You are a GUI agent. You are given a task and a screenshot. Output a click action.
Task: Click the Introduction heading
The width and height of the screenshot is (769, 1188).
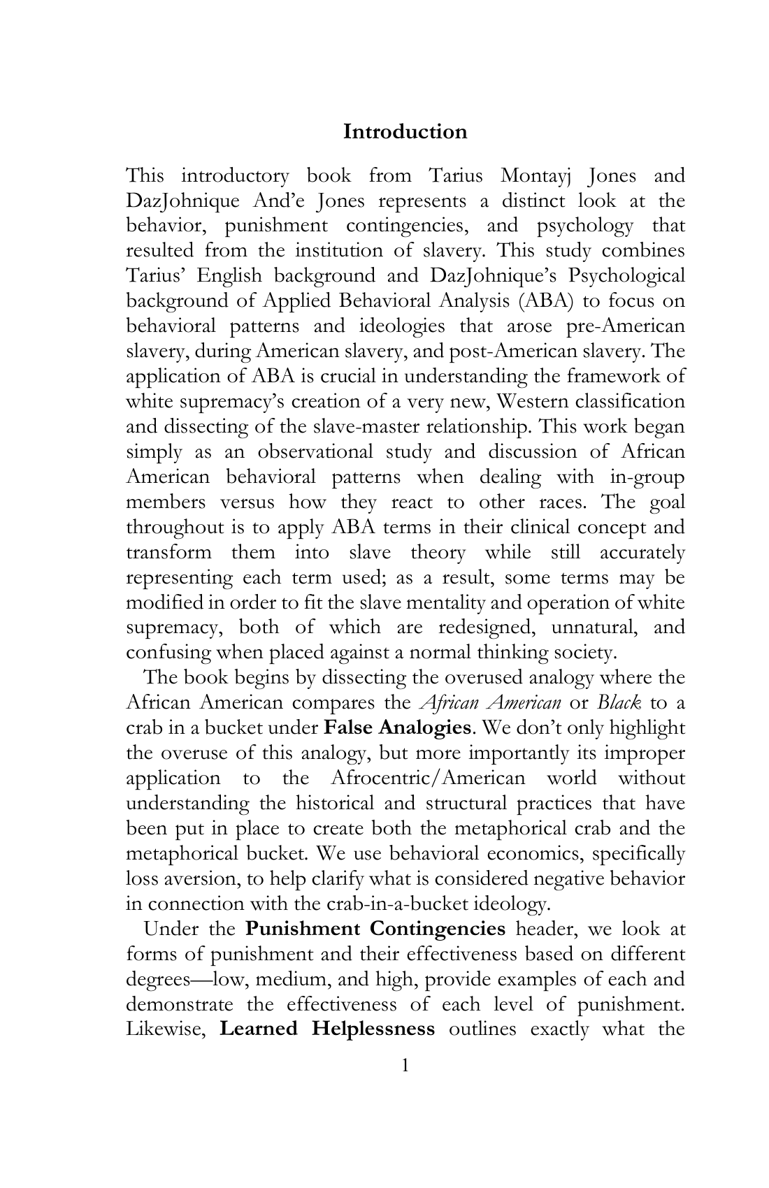(x=405, y=131)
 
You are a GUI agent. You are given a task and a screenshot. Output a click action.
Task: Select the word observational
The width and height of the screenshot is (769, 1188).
(x=315, y=451)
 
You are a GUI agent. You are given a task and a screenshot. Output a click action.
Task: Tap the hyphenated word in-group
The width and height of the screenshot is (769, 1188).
(x=647, y=477)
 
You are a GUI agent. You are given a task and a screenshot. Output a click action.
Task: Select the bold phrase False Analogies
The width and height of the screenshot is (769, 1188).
(x=397, y=727)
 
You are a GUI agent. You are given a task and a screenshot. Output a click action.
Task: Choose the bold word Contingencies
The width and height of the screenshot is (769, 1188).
(x=437, y=929)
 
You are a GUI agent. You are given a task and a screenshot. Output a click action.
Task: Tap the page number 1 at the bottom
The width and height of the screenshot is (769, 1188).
(x=405, y=1065)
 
